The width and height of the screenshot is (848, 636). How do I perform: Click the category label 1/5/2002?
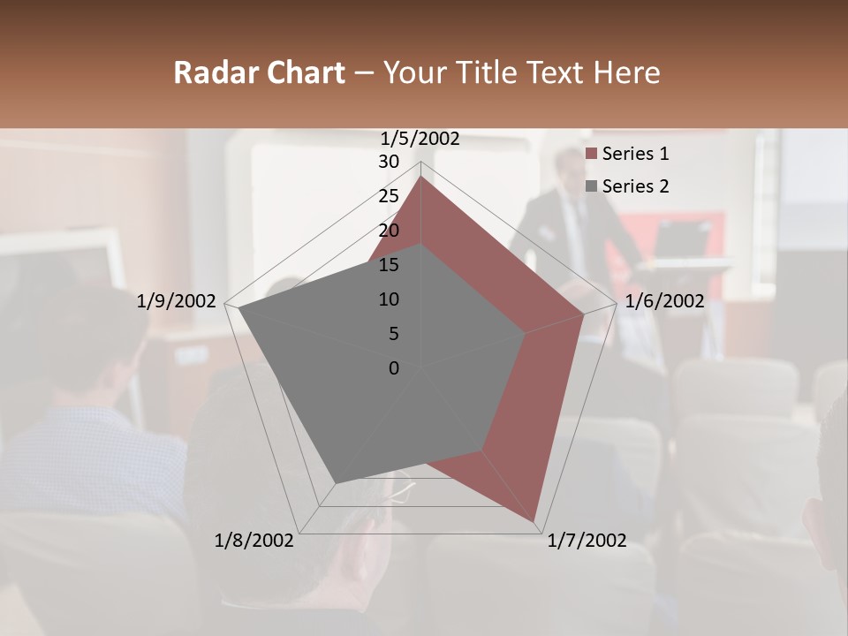[x=420, y=139]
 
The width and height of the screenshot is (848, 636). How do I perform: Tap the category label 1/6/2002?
[x=664, y=301]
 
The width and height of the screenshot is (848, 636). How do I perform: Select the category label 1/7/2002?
[x=587, y=541]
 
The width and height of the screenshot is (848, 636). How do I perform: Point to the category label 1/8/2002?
[x=254, y=541]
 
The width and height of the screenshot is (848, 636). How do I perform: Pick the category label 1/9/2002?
[x=177, y=301]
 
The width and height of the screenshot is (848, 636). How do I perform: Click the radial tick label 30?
[x=389, y=162]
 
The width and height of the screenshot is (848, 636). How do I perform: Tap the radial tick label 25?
[x=389, y=196]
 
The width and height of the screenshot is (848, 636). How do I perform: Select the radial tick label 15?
[x=389, y=265]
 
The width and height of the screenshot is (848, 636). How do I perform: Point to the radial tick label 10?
[x=389, y=299]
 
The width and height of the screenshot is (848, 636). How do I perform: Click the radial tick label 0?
[x=394, y=368]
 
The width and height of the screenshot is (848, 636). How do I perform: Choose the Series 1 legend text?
[x=635, y=154]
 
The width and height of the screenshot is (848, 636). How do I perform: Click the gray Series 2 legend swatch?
[x=592, y=186]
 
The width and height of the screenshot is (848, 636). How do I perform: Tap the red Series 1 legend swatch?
[x=592, y=155]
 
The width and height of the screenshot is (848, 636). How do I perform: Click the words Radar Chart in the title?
[x=259, y=72]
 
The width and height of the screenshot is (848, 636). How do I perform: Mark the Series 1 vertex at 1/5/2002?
[x=420, y=177]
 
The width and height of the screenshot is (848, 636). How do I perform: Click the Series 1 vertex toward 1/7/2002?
[x=535, y=522]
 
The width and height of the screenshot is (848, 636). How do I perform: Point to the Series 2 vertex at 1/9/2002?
[x=238, y=308]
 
